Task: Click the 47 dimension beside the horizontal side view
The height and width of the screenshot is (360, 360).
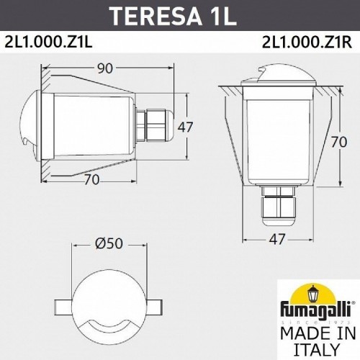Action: [185, 127]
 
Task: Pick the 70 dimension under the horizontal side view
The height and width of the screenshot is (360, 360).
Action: [91, 180]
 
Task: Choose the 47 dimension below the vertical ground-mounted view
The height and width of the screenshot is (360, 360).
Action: [276, 238]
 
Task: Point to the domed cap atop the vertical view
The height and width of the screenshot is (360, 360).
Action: [276, 81]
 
